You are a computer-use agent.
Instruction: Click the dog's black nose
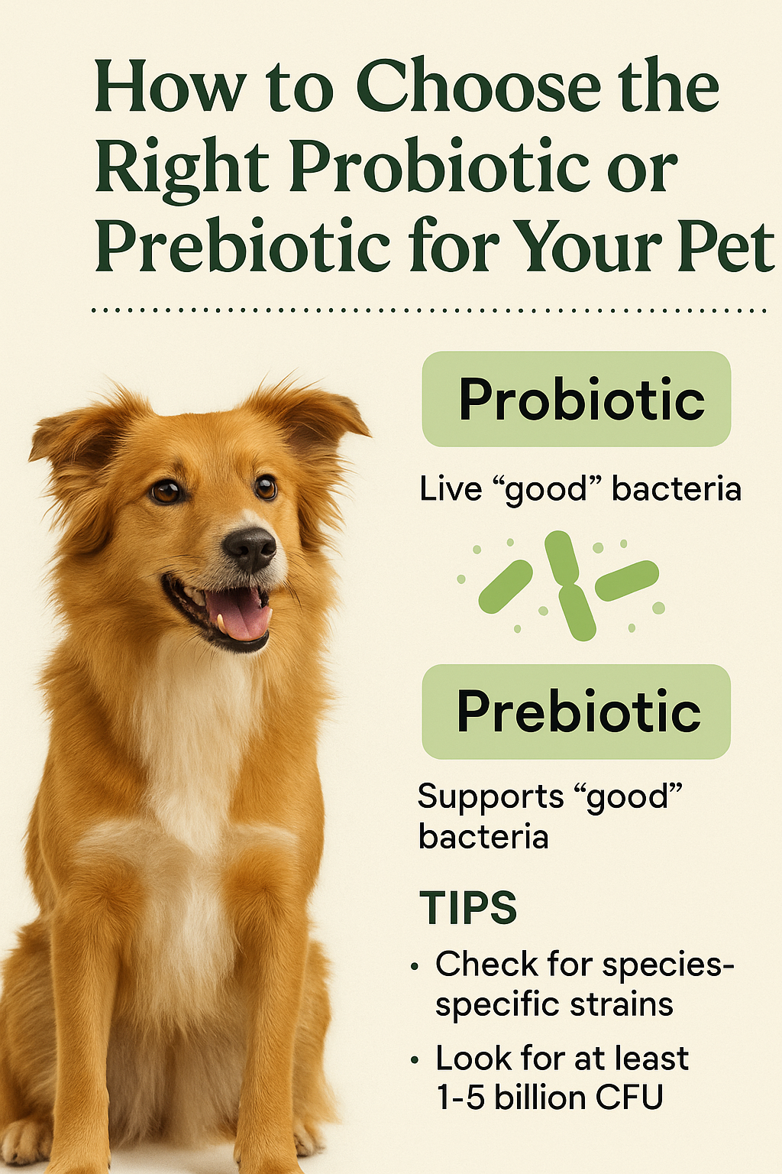(249, 548)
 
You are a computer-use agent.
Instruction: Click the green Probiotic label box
(576, 399)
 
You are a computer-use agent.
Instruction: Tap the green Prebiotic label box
(576, 712)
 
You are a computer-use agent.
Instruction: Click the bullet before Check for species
(415, 966)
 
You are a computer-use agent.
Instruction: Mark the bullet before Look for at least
(415, 1060)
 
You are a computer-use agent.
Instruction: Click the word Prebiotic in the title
(241, 245)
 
